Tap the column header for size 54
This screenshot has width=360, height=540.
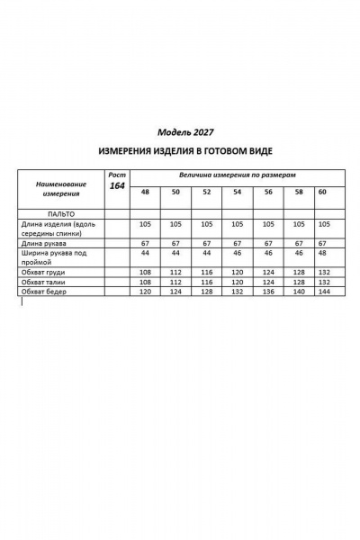(x=237, y=193)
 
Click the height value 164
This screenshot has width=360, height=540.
(x=117, y=185)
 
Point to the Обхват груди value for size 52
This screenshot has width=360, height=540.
(x=206, y=271)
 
